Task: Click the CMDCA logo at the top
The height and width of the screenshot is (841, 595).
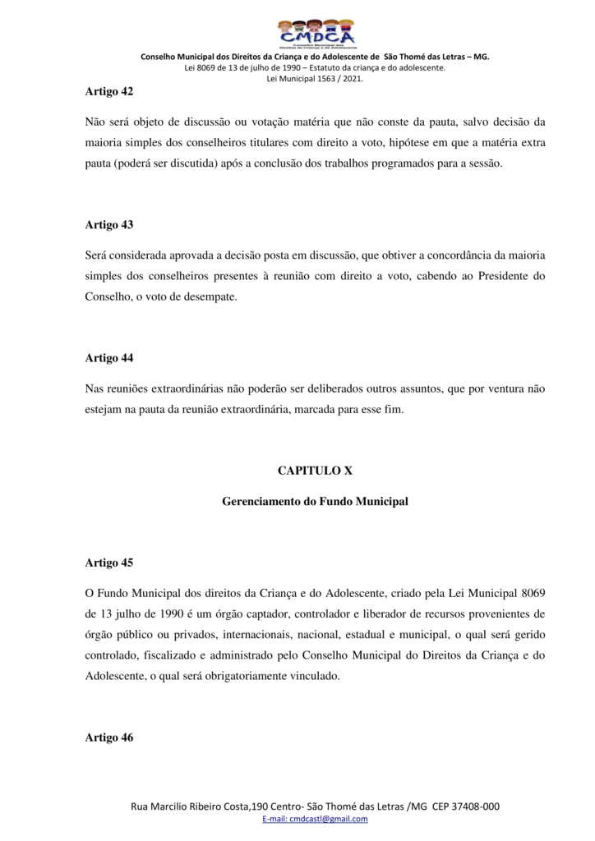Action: [316, 33]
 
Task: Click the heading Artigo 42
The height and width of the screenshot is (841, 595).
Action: [109, 91]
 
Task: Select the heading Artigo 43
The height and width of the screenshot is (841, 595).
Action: [109, 224]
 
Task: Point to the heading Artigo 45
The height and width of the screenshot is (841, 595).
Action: [109, 563]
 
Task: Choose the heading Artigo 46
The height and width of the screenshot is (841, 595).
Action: [109, 737]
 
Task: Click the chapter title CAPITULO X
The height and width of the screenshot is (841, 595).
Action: [315, 471]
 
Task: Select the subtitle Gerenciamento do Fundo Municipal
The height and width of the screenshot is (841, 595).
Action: [315, 500]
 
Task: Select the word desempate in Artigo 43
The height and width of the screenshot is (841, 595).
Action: [209, 296]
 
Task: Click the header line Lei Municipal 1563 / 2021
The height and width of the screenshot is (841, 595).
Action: [315, 79]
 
